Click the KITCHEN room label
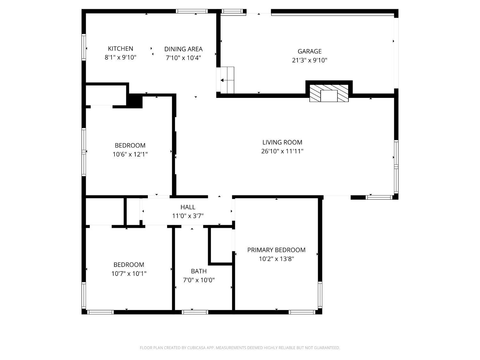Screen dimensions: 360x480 120,49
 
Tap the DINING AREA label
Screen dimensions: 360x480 183,49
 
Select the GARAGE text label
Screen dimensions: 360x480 309,51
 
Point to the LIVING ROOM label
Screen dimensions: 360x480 282,142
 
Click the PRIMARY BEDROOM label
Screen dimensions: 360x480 276,250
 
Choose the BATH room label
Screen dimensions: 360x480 199,271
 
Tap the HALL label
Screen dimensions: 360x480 188,207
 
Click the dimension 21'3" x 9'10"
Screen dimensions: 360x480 309,60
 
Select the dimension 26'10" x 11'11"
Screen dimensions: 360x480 282,151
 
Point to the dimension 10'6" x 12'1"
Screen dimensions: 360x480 130,155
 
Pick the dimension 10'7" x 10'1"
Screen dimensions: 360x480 129,274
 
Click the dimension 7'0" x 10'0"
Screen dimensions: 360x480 199,280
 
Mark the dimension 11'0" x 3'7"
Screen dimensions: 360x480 188,216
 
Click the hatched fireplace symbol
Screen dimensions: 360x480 329,93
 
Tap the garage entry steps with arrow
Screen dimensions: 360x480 227,80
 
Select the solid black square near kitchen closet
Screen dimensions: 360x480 135,101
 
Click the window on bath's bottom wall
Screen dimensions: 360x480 195,312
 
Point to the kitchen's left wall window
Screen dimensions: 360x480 84,47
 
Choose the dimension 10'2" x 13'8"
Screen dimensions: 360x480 276,259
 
